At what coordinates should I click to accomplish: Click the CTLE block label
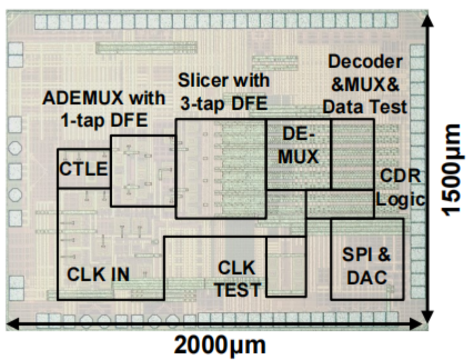(83, 169)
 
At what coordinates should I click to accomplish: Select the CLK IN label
(98, 274)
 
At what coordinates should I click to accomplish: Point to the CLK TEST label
(237, 279)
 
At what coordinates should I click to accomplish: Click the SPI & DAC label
(367, 266)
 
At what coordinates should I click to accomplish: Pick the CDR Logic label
(401, 187)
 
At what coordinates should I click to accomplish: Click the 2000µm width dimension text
(219, 346)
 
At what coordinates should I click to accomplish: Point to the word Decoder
(365, 62)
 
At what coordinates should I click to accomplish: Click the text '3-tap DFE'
(224, 104)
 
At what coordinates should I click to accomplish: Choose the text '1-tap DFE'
(104, 121)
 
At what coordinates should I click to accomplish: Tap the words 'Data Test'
(365, 107)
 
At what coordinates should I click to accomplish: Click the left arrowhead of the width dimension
(11, 323)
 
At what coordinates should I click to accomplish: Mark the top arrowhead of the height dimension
(429, 18)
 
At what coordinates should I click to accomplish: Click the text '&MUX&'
(365, 84)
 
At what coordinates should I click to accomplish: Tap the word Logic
(401, 199)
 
